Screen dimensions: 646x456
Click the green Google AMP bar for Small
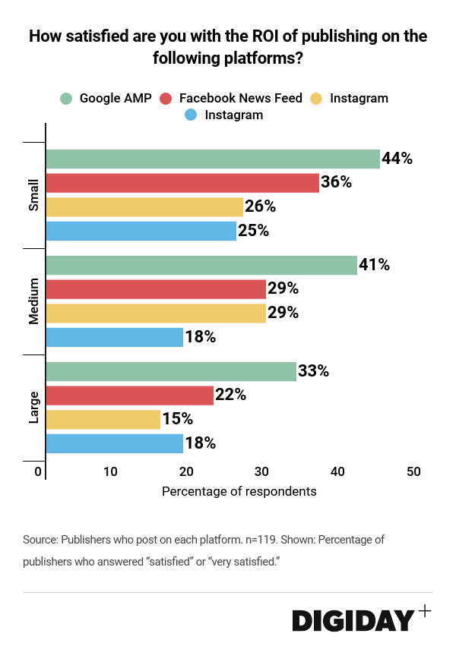point(213,159)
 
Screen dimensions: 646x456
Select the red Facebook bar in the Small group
point(182,182)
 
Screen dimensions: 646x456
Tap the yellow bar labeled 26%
point(144,206)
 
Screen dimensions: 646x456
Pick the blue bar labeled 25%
point(141,230)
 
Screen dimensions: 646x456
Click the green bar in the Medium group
point(201,265)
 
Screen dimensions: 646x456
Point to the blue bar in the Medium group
point(115,337)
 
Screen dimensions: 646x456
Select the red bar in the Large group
point(130,395)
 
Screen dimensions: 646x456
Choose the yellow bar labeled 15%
point(103,419)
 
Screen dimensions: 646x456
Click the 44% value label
point(397,159)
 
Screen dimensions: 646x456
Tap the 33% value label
point(313,371)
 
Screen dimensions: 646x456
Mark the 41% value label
point(374,265)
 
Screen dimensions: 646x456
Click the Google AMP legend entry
point(107,98)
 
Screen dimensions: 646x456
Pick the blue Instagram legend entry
point(224,115)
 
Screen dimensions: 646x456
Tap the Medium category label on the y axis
point(33,301)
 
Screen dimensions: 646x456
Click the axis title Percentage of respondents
point(239,491)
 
